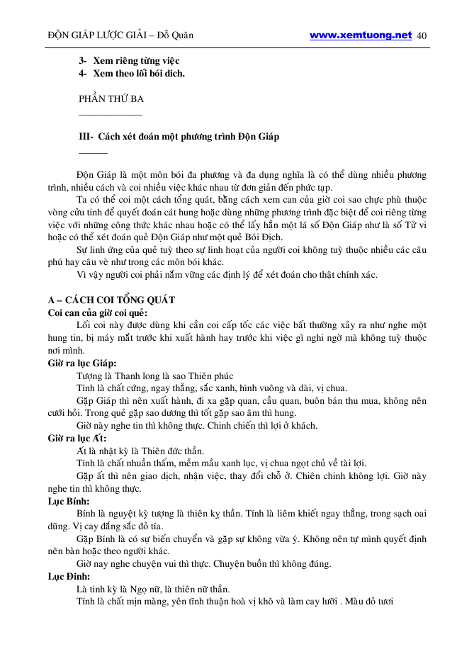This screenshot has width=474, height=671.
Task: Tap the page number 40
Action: (x=422, y=35)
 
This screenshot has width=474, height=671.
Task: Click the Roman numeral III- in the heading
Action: (x=86, y=136)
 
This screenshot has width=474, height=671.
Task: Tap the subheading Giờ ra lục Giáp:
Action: (x=82, y=363)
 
